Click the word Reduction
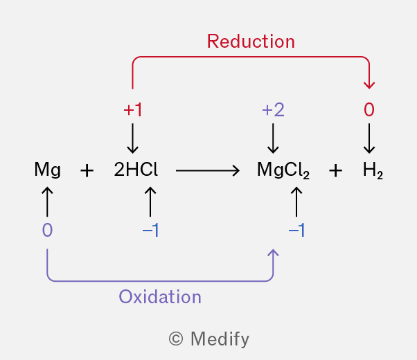pyautogui.click(x=251, y=42)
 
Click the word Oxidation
pyautogui.click(x=160, y=297)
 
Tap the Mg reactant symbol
pyautogui.click(x=47, y=170)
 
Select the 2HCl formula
pyautogui.click(x=136, y=170)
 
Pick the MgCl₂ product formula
pyautogui.click(x=283, y=171)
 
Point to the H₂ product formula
pyautogui.click(x=373, y=171)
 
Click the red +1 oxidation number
pyautogui.click(x=132, y=110)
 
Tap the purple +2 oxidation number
pyautogui.click(x=273, y=110)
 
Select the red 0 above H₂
pyautogui.click(x=369, y=110)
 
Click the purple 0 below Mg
pyautogui.click(x=47, y=231)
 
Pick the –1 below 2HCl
pyautogui.click(x=150, y=231)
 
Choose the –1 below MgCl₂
pyautogui.click(x=296, y=231)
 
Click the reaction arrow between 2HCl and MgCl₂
pyautogui.click(x=207, y=170)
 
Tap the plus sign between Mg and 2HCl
pyautogui.click(x=87, y=171)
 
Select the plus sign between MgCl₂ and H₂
pyautogui.click(x=335, y=171)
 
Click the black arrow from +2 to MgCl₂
pyautogui.click(x=273, y=138)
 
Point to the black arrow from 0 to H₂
pyautogui.click(x=369, y=138)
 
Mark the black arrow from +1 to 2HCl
pyautogui.click(x=132, y=138)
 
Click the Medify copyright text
pyautogui.click(x=208, y=339)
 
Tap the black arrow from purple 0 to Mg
pyautogui.click(x=47, y=201)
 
